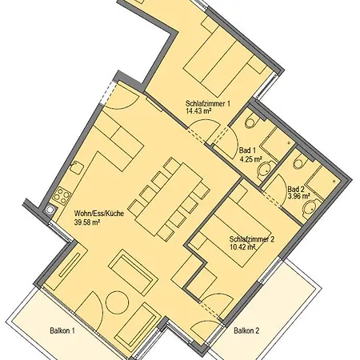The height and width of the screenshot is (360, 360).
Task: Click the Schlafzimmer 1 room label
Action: pyautogui.click(x=208, y=103)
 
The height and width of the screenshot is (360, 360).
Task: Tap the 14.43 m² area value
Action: pyautogui.click(x=198, y=111)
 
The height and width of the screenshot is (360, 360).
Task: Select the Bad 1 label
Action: pyautogui.click(x=247, y=150)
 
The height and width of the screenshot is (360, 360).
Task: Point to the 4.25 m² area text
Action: pyautogui.click(x=250, y=159)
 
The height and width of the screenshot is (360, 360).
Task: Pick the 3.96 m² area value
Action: pyautogui.click(x=298, y=196)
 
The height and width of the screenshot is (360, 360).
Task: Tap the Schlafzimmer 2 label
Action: pyautogui.click(x=252, y=239)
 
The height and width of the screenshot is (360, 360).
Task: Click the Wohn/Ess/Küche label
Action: pyautogui.click(x=99, y=214)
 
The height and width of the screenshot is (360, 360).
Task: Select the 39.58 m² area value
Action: pyautogui.click(x=87, y=222)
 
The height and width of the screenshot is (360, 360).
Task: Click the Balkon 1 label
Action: pyautogui.click(x=62, y=330)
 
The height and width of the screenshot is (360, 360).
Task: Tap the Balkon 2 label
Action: pyautogui.click(x=246, y=330)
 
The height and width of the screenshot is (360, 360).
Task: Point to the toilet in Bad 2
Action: pyautogui.click(x=300, y=161)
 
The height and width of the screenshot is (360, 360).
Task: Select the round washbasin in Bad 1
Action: pyautogui.click(x=265, y=169)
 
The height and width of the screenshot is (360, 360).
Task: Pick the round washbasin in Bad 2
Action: pyautogui.click(x=311, y=207)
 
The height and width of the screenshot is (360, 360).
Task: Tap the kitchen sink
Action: pyautogui.click(x=77, y=168)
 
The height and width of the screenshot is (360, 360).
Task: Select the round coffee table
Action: pyautogui.click(x=118, y=302)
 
